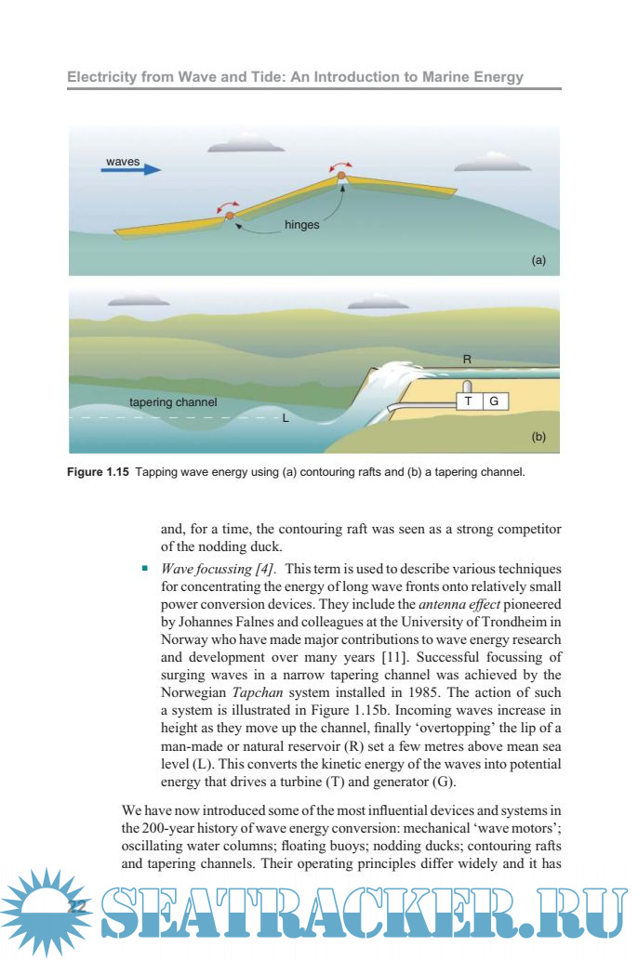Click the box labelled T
tap(469, 401)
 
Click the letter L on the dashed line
tap(286, 419)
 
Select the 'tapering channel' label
tap(173, 402)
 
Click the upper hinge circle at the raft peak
tap(341, 174)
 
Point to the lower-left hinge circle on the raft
tap(229, 216)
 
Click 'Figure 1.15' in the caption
tap(99, 471)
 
